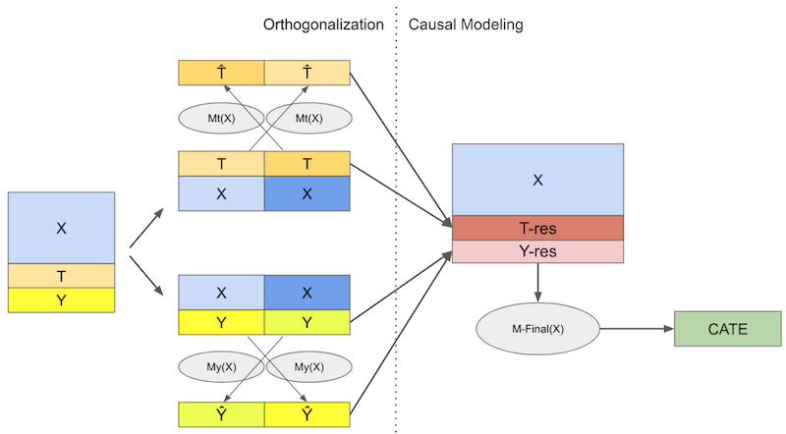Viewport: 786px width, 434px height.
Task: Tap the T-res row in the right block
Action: [537, 228]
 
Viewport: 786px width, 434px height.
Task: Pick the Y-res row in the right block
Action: [537, 252]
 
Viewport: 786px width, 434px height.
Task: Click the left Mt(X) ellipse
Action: [221, 119]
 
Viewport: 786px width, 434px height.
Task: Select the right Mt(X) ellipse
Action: [308, 119]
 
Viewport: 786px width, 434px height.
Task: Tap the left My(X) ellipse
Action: [221, 366]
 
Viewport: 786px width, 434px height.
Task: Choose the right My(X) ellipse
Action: [308, 366]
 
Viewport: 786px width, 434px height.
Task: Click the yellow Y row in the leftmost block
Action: [61, 300]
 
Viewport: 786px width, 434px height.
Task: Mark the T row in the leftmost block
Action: [61, 276]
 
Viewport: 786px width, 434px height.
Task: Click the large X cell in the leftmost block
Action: [61, 228]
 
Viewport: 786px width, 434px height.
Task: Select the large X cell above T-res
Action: [537, 180]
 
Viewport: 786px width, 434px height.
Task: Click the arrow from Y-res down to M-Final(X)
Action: [538, 282]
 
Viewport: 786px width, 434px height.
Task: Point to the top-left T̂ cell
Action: [221, 72]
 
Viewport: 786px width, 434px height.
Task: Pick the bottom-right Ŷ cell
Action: [308, 414]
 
